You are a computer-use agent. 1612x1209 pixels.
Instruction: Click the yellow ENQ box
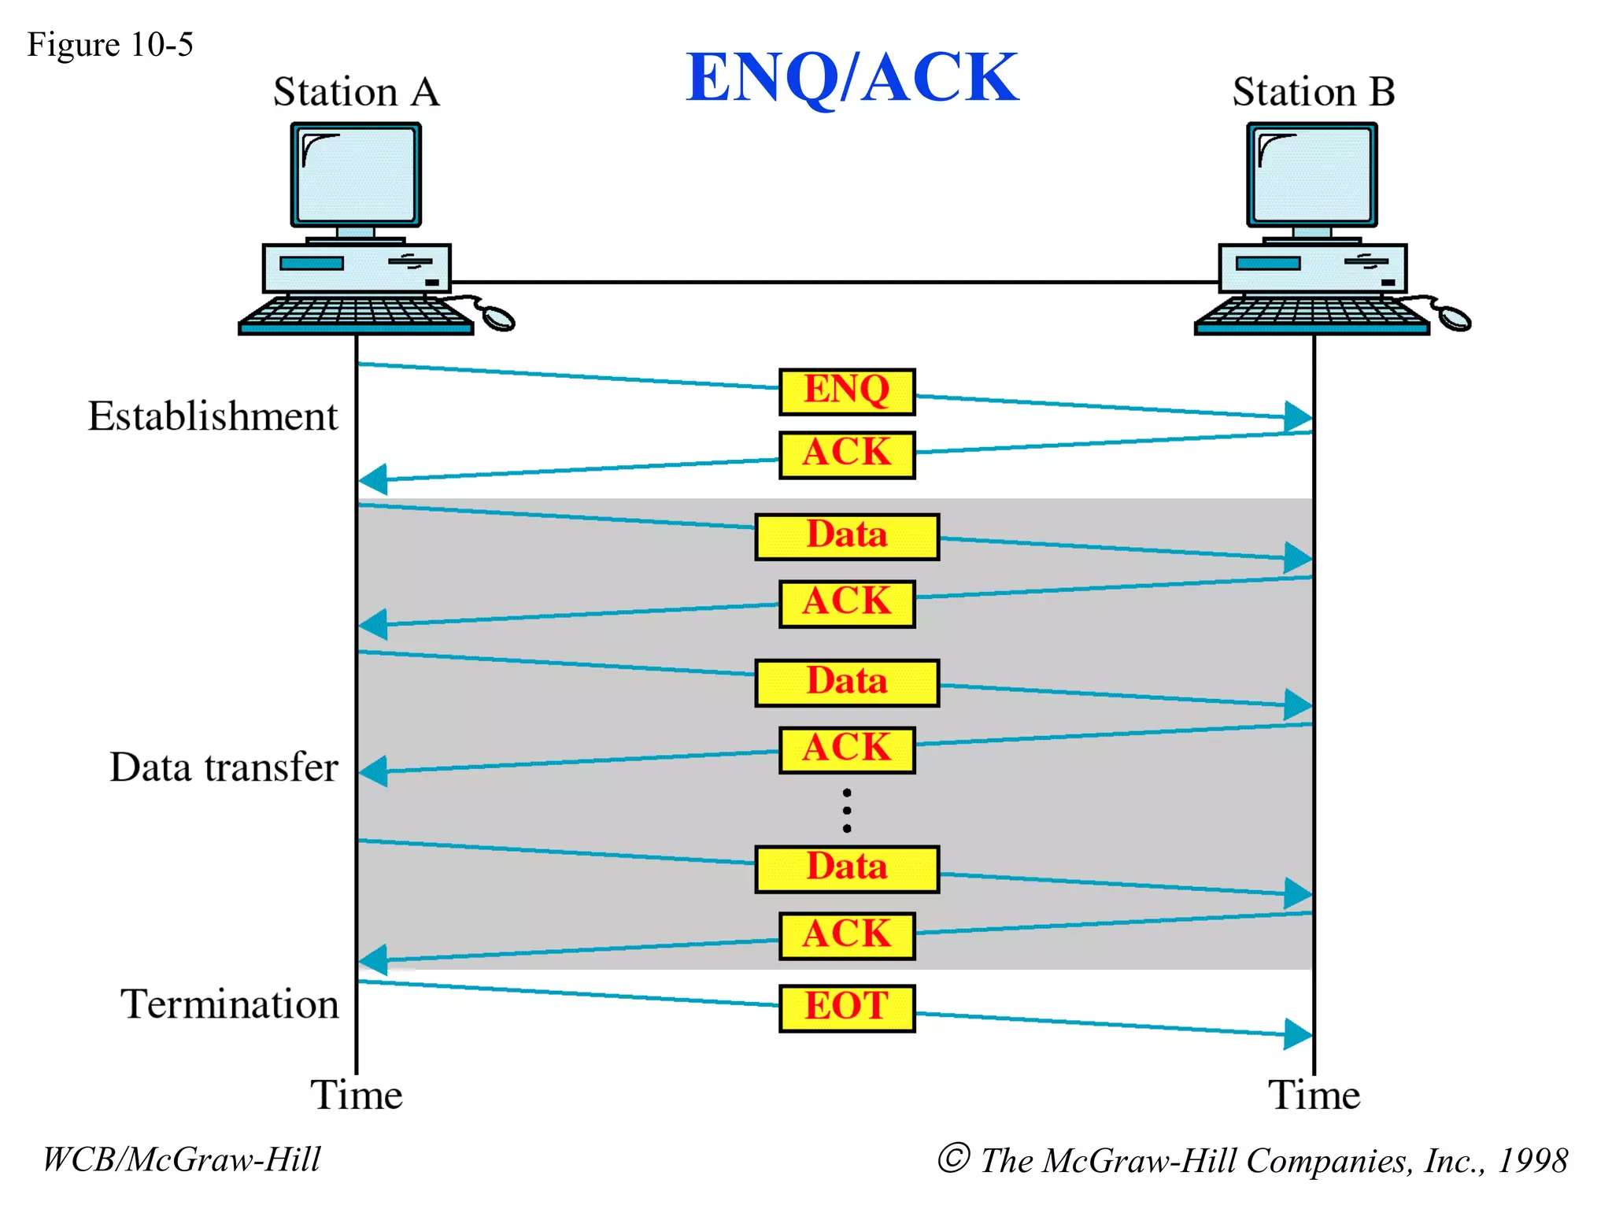(847, 391)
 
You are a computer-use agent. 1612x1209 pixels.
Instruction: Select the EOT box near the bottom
(847, 1007)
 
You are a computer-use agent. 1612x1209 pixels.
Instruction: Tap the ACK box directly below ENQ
(847, 454)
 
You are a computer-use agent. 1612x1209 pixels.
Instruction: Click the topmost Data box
(847, 537)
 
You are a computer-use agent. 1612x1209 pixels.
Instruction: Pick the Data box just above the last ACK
(847, 869)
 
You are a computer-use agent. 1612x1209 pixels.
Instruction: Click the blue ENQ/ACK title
(852, 77)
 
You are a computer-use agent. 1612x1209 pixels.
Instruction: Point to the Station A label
(356, 92)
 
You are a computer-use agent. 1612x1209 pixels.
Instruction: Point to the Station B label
(1313, 92)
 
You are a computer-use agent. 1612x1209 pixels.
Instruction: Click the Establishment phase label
(213, 416)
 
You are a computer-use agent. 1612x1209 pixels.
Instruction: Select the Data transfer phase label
(224, 767)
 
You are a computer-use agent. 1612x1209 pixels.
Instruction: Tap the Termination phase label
(229, 1004)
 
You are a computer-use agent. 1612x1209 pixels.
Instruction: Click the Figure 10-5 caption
(110, 45)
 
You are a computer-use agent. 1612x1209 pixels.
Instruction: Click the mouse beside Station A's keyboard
(497, 318)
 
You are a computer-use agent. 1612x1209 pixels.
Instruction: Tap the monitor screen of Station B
(1312, 175)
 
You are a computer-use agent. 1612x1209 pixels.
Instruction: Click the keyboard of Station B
(1311, 313)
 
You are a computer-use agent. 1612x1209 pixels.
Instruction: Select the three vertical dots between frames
(847, 810)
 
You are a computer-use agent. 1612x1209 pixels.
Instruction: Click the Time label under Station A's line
(356, 1095)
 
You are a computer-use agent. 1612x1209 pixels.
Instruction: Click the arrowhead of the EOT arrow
(1297, 1033)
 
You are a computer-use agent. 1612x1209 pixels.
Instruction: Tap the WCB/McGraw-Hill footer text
(182, 1159)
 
